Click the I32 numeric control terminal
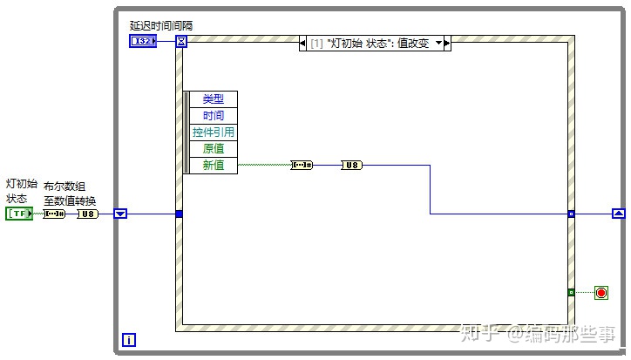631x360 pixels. coord(143,41)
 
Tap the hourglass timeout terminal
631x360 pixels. coord(181,41)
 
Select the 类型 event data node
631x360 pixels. coord(214,99)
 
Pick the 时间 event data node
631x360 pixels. coord(214,116)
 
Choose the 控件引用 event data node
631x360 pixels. coord(214,132)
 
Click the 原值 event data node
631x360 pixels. coord(214,148)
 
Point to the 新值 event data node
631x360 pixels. coord(214,165)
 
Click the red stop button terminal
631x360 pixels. coord(601,293)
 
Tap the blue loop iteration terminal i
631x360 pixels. coord(129,340)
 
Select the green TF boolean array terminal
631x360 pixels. coord(19,214)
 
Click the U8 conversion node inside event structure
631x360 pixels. coord(352,165)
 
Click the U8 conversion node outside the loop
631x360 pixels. coord(88,214)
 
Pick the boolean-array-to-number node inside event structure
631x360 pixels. coord(302,165)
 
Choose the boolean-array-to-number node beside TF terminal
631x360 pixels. coord(54,214)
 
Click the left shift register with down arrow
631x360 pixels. coord(120,214)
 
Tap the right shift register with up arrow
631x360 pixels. coord(619,214)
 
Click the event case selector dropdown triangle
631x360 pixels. coord(438,43)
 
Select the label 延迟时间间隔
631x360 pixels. coord(161,26)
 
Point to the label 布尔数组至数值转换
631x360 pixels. coord(70,194)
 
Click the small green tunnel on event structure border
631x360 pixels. coord(571,292)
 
